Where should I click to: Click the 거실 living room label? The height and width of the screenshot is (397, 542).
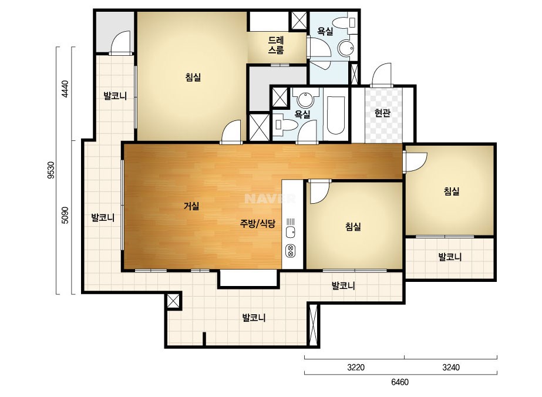[x=191, y=207]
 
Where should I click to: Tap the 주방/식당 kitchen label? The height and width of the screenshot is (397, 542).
[x=258, y=223]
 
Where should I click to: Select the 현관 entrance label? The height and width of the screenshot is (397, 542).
[x=383, y=113]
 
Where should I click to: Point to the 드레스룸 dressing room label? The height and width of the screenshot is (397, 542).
[x=276, y=45]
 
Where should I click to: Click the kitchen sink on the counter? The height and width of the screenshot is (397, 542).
[x=290, y=232]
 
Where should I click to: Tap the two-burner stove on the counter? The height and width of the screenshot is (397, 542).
[x=290, y=251]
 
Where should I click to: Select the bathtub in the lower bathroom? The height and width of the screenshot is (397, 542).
[x=336, y=115]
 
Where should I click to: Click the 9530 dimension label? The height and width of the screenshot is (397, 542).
[x=51, y=170]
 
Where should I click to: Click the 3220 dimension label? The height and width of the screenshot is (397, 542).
[x=356, y=367]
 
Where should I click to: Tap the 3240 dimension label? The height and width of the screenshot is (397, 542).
[x=451, y=367]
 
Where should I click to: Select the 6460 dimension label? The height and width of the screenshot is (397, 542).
[x=400, y=382]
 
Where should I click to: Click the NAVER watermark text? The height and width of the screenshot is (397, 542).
[x=270, y=198]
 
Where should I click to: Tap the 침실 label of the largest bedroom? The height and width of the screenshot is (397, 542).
[x=193, y=77]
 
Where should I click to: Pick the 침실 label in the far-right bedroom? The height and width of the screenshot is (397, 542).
[x=452, y=191]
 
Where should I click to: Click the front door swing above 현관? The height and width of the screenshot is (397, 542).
[x=381, y=75]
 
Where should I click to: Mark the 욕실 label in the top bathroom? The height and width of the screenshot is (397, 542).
[x=325, y=31]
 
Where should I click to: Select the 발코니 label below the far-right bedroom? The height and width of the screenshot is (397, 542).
[x=450, y=257]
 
